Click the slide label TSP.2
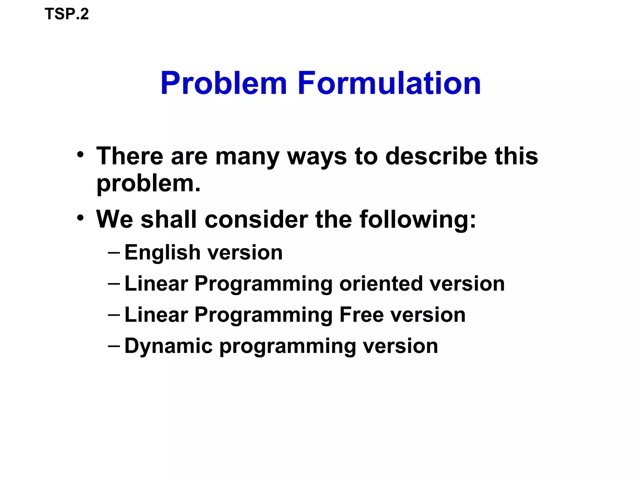(x=66, y=14)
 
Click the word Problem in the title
(x=224, y=83)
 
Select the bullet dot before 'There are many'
(x=80, y=155)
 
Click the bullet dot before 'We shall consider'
(x=80, y=217)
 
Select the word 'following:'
(x=418, y=219)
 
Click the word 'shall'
(x=169, y=219)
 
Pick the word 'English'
(x=162, y=253)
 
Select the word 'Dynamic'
(x=169, y=346)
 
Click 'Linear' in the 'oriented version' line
(x=156, y=284)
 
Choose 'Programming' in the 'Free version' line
(x=263, y=315)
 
